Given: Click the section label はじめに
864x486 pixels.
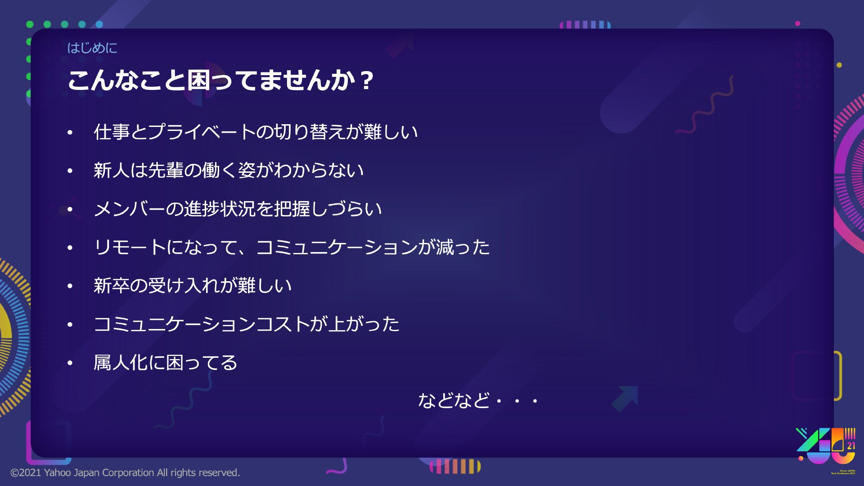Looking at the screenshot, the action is (x=92, y=48).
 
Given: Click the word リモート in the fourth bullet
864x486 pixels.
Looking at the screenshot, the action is (x=130, y=247).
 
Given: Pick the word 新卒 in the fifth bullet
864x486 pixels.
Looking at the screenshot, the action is (x=112, y=286).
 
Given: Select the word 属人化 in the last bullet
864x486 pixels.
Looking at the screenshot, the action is (x=121, y=363).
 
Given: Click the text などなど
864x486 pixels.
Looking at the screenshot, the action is (x=454, y=400).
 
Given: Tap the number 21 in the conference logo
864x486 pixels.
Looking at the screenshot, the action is (x=851, y=446).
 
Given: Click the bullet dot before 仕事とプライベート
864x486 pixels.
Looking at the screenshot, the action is (x=70, y=132).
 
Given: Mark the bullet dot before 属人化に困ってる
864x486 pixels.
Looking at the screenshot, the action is (x=70, y=363).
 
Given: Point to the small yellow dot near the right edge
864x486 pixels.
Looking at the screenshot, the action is (x=839, y=65).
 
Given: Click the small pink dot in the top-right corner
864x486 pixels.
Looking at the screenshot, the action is (x=797, y=23).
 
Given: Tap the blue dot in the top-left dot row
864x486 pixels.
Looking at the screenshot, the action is (x=99, y=24).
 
